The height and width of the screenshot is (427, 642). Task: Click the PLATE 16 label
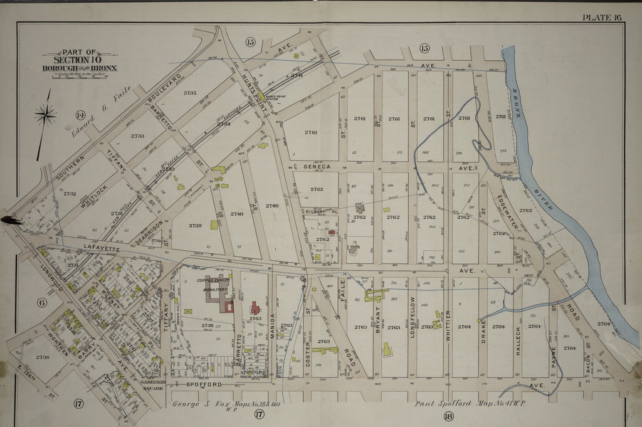click(x=602, y=17)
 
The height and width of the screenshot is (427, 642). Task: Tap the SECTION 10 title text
click(x=79, y=60)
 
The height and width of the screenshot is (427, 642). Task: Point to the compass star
click(x=45, y=115)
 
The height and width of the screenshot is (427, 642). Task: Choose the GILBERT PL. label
click(x=317, y=212)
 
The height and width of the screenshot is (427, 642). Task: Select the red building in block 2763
click(x=256, y=308)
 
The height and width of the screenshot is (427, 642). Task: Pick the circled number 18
click(x=448, y=416)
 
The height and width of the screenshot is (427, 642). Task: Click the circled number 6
click(x=42, y=303)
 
